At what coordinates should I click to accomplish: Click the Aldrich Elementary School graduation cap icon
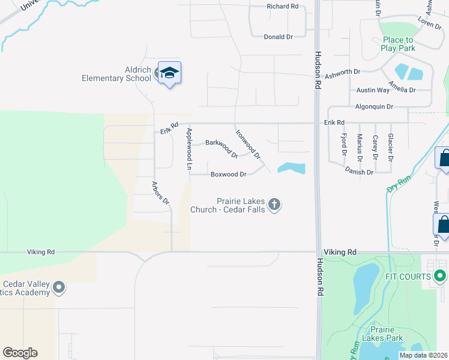[x=170, y=73]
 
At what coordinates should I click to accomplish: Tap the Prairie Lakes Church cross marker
[x=274, y=205]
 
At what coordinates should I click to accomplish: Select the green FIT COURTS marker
[x=440, y=277]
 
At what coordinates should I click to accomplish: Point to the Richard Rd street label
[x=283, y=6]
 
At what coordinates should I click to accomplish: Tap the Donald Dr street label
[x=278, y=37]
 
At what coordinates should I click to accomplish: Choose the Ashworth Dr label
[x=342, y=72]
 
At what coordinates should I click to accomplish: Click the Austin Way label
[x=373, y=90]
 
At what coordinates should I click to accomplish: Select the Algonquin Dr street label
[x=374, y=106]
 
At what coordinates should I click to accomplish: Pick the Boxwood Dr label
[x=228, y=175]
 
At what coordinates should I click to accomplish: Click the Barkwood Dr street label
[x=221, y=148]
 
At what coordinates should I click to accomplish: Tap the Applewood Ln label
[x=189, y=148]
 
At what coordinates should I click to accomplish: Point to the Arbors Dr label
[x=161, y=192]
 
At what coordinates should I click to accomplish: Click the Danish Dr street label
[x=359, y=172]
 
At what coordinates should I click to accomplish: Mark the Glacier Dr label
[x=390, y=148]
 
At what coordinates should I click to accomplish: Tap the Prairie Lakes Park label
[x=387, y=334]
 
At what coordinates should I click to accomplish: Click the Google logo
[x=20, y=353]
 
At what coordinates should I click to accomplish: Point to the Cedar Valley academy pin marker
[x=59, y=288]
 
